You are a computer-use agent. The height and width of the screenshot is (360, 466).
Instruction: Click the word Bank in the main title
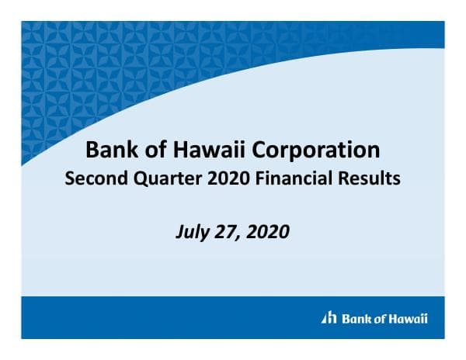click(110, 149)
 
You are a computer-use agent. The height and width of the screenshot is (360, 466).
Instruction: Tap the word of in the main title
click(151, 149)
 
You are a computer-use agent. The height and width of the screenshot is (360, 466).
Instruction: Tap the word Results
click(368, 178)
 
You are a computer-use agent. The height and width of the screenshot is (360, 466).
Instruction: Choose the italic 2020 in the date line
click(269, 231)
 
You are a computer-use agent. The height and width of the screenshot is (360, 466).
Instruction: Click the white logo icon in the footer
click(329, 318)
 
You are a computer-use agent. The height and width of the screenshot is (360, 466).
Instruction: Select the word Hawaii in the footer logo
click(408, 318)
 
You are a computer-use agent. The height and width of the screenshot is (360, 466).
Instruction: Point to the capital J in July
click(180, 231)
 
